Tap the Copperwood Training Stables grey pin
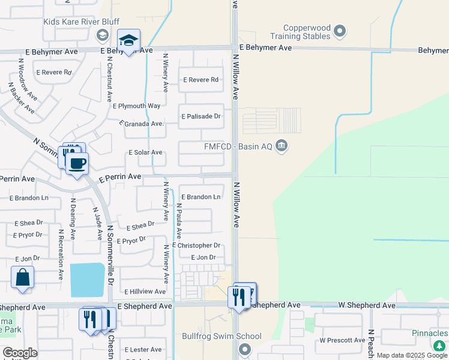tap(340, 30)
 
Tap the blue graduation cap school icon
tap(128, 40)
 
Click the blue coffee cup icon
tap(77, 163)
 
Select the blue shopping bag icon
tap(22, 277)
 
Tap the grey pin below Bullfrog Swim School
tap(244, 349)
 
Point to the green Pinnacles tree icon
tap(439, 345)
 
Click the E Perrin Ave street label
tap(119, 178)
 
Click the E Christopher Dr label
tap(196, 245)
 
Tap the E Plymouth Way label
tap(136, 106)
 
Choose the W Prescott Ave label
tap(342, 340)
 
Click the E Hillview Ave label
tap(144, 292)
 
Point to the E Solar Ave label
tap(145, 153)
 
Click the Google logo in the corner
tap(20, 353)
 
